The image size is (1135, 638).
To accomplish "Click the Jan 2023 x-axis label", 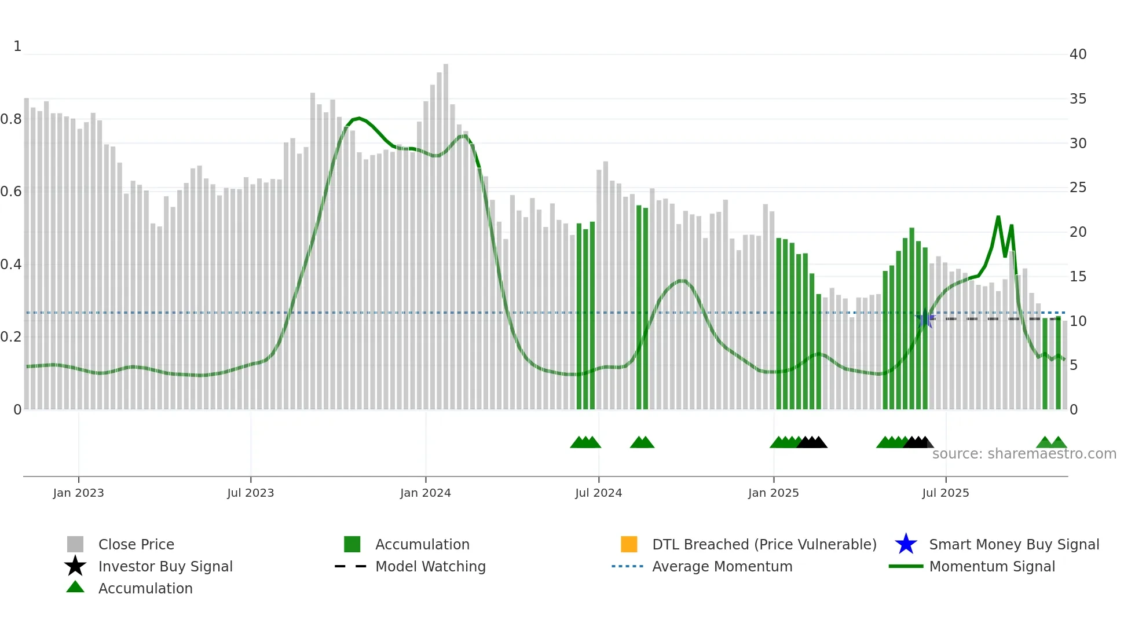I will click(x=78, y=493).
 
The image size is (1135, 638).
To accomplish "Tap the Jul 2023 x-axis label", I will click(x=250, y=493).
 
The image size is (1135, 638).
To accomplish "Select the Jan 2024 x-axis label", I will click(x=425, y=493).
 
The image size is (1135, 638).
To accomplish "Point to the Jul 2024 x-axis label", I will click(x=598, y=493).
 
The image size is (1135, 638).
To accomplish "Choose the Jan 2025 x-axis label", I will click(x=773, y=493).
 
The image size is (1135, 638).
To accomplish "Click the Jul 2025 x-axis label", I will click(x=945, y=493).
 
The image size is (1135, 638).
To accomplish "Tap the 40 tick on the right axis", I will click(x=1078, y=54).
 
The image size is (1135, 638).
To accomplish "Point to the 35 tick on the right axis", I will click(x=1078, y=99).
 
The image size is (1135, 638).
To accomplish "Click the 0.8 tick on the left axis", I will click(x=11, y=119).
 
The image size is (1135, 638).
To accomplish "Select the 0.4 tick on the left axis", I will click(x=11, y=265).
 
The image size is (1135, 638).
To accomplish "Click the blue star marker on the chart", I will click(x=925, y=319).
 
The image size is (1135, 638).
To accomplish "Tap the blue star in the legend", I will click(x=906, y=544).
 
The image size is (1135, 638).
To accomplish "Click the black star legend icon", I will click(x=75, y=566).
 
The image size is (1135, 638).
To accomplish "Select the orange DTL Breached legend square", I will click(x=628, y=544).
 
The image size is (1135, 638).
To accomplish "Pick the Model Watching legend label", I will click(x=430, y=566).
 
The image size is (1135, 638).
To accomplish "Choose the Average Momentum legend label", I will click(x=722, y=566).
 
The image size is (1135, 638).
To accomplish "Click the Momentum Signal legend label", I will click(x=992, y=566).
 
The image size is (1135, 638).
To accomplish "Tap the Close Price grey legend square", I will click(x=75, y=544).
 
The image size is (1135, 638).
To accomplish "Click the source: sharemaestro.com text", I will click(x=1024, y=454).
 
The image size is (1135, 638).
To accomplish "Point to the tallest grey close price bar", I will click(x=445, y=232).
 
